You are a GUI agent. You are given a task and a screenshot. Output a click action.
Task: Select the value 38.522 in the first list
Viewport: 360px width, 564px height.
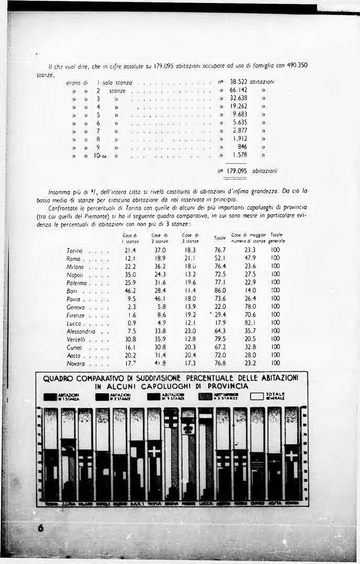pyautogui.click(x=238, y=82)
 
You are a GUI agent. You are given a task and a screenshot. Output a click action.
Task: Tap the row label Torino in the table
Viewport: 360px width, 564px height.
pyautogui.click(x=75, y=251)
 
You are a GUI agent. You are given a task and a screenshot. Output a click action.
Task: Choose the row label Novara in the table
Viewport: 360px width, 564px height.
pyautogui.click(x=76, y=363)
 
